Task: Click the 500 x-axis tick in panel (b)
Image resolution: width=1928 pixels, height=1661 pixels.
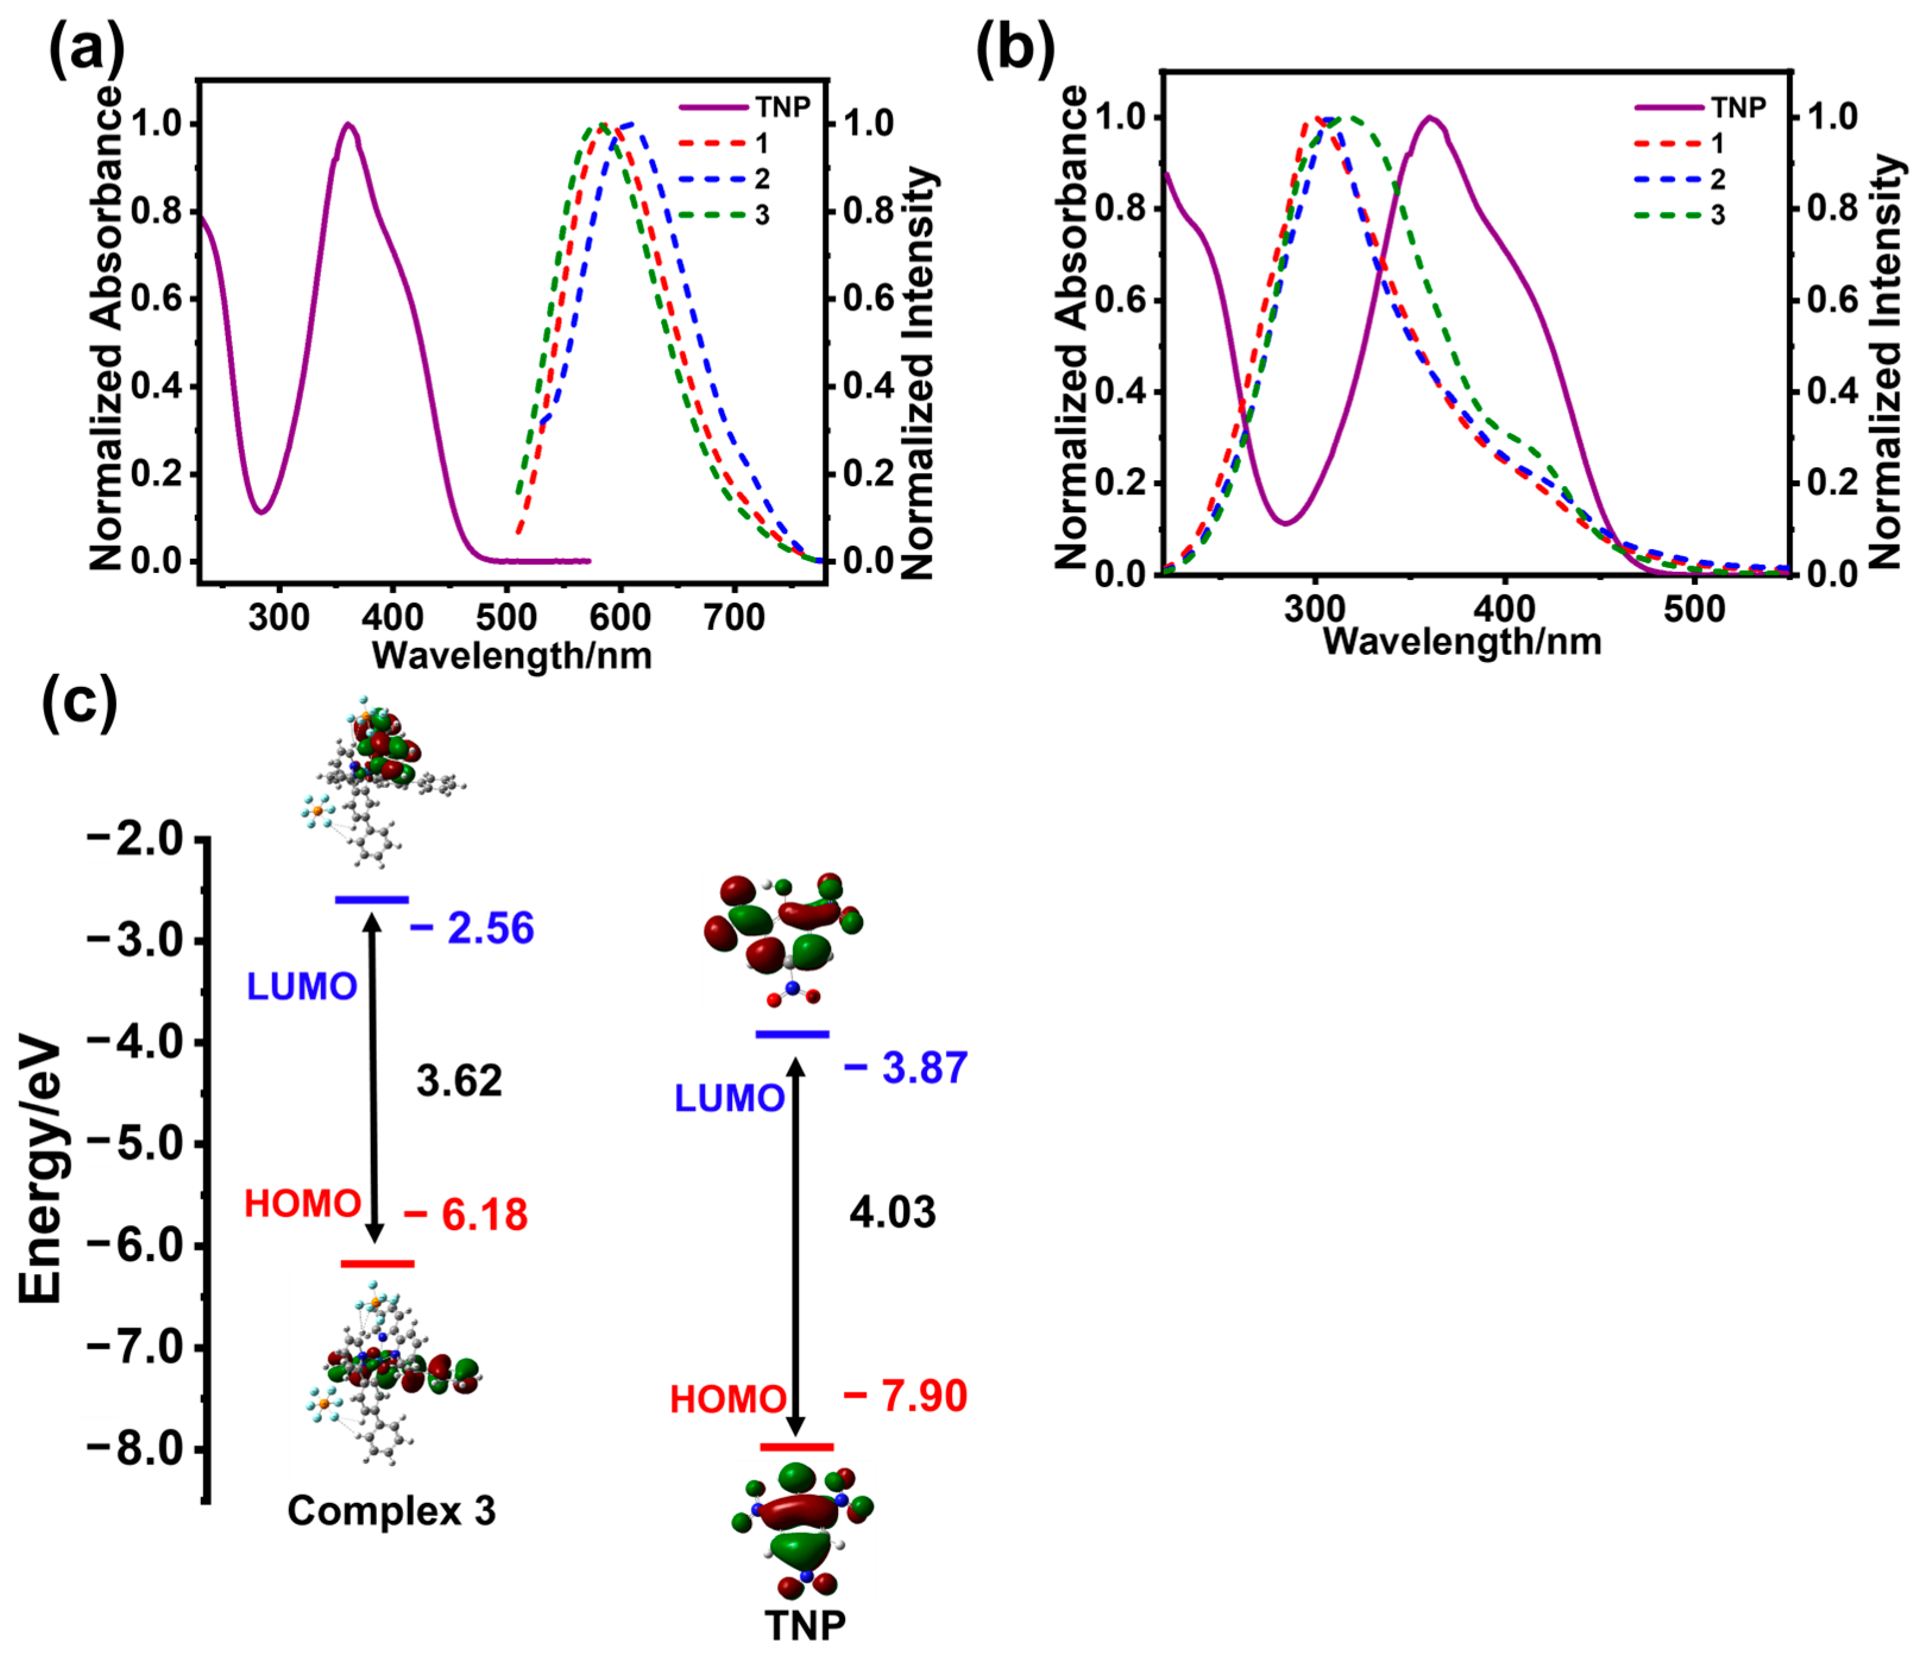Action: (x=1693, y=610)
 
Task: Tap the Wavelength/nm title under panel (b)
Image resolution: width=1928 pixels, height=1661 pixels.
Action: (x=1462, y=642)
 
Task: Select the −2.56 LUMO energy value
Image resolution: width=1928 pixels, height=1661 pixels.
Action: (x=472, y=929)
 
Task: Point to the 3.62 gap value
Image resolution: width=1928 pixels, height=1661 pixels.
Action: (x=459, y=1081)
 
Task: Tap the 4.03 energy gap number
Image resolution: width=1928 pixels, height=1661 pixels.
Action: (x=892, y=1212)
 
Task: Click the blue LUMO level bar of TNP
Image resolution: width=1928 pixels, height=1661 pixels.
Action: (x=792, y=1035)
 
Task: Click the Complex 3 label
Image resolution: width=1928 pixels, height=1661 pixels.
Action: (x=391, y=1510)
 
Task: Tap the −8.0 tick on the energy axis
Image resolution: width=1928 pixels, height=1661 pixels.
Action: (x=135, y=1449)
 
